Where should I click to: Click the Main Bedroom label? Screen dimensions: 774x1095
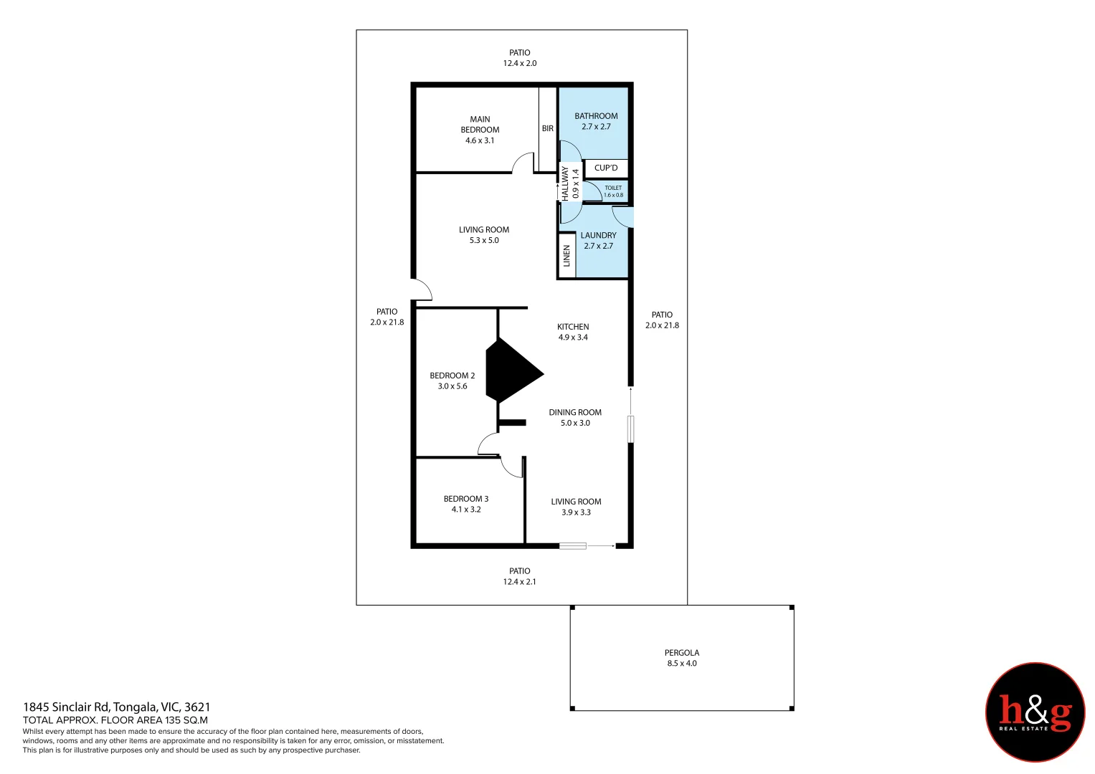[480, 130]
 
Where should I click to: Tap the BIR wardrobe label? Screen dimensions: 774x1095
[548, 128]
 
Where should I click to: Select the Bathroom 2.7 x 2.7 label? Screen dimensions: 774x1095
[596, 121]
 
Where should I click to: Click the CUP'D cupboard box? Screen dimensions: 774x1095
[606, 168]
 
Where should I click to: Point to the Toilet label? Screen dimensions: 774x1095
[613, 191]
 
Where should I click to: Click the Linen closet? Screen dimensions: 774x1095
[567, 256]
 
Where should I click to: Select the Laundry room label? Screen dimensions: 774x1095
[598, 240]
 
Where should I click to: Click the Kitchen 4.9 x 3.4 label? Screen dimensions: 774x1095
[573, 332]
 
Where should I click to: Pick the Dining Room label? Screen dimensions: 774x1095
[575, 417]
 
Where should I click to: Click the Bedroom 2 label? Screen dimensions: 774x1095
[452, 381]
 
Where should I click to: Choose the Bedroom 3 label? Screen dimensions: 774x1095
[466, 504]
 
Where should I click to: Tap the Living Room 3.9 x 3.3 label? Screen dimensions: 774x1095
[576, 507]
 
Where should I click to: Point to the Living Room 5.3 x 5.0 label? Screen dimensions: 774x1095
[484, 235]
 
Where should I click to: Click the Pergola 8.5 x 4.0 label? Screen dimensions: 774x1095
[681, 658]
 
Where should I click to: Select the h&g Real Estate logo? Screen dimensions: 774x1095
[1035, 712]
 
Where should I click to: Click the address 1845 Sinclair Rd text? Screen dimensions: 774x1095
[117, 707]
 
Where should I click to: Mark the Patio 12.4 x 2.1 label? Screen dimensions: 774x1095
[519, 576]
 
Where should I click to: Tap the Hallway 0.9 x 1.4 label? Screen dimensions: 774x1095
[570, 183]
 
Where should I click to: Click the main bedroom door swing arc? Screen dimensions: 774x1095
[523, 163]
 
